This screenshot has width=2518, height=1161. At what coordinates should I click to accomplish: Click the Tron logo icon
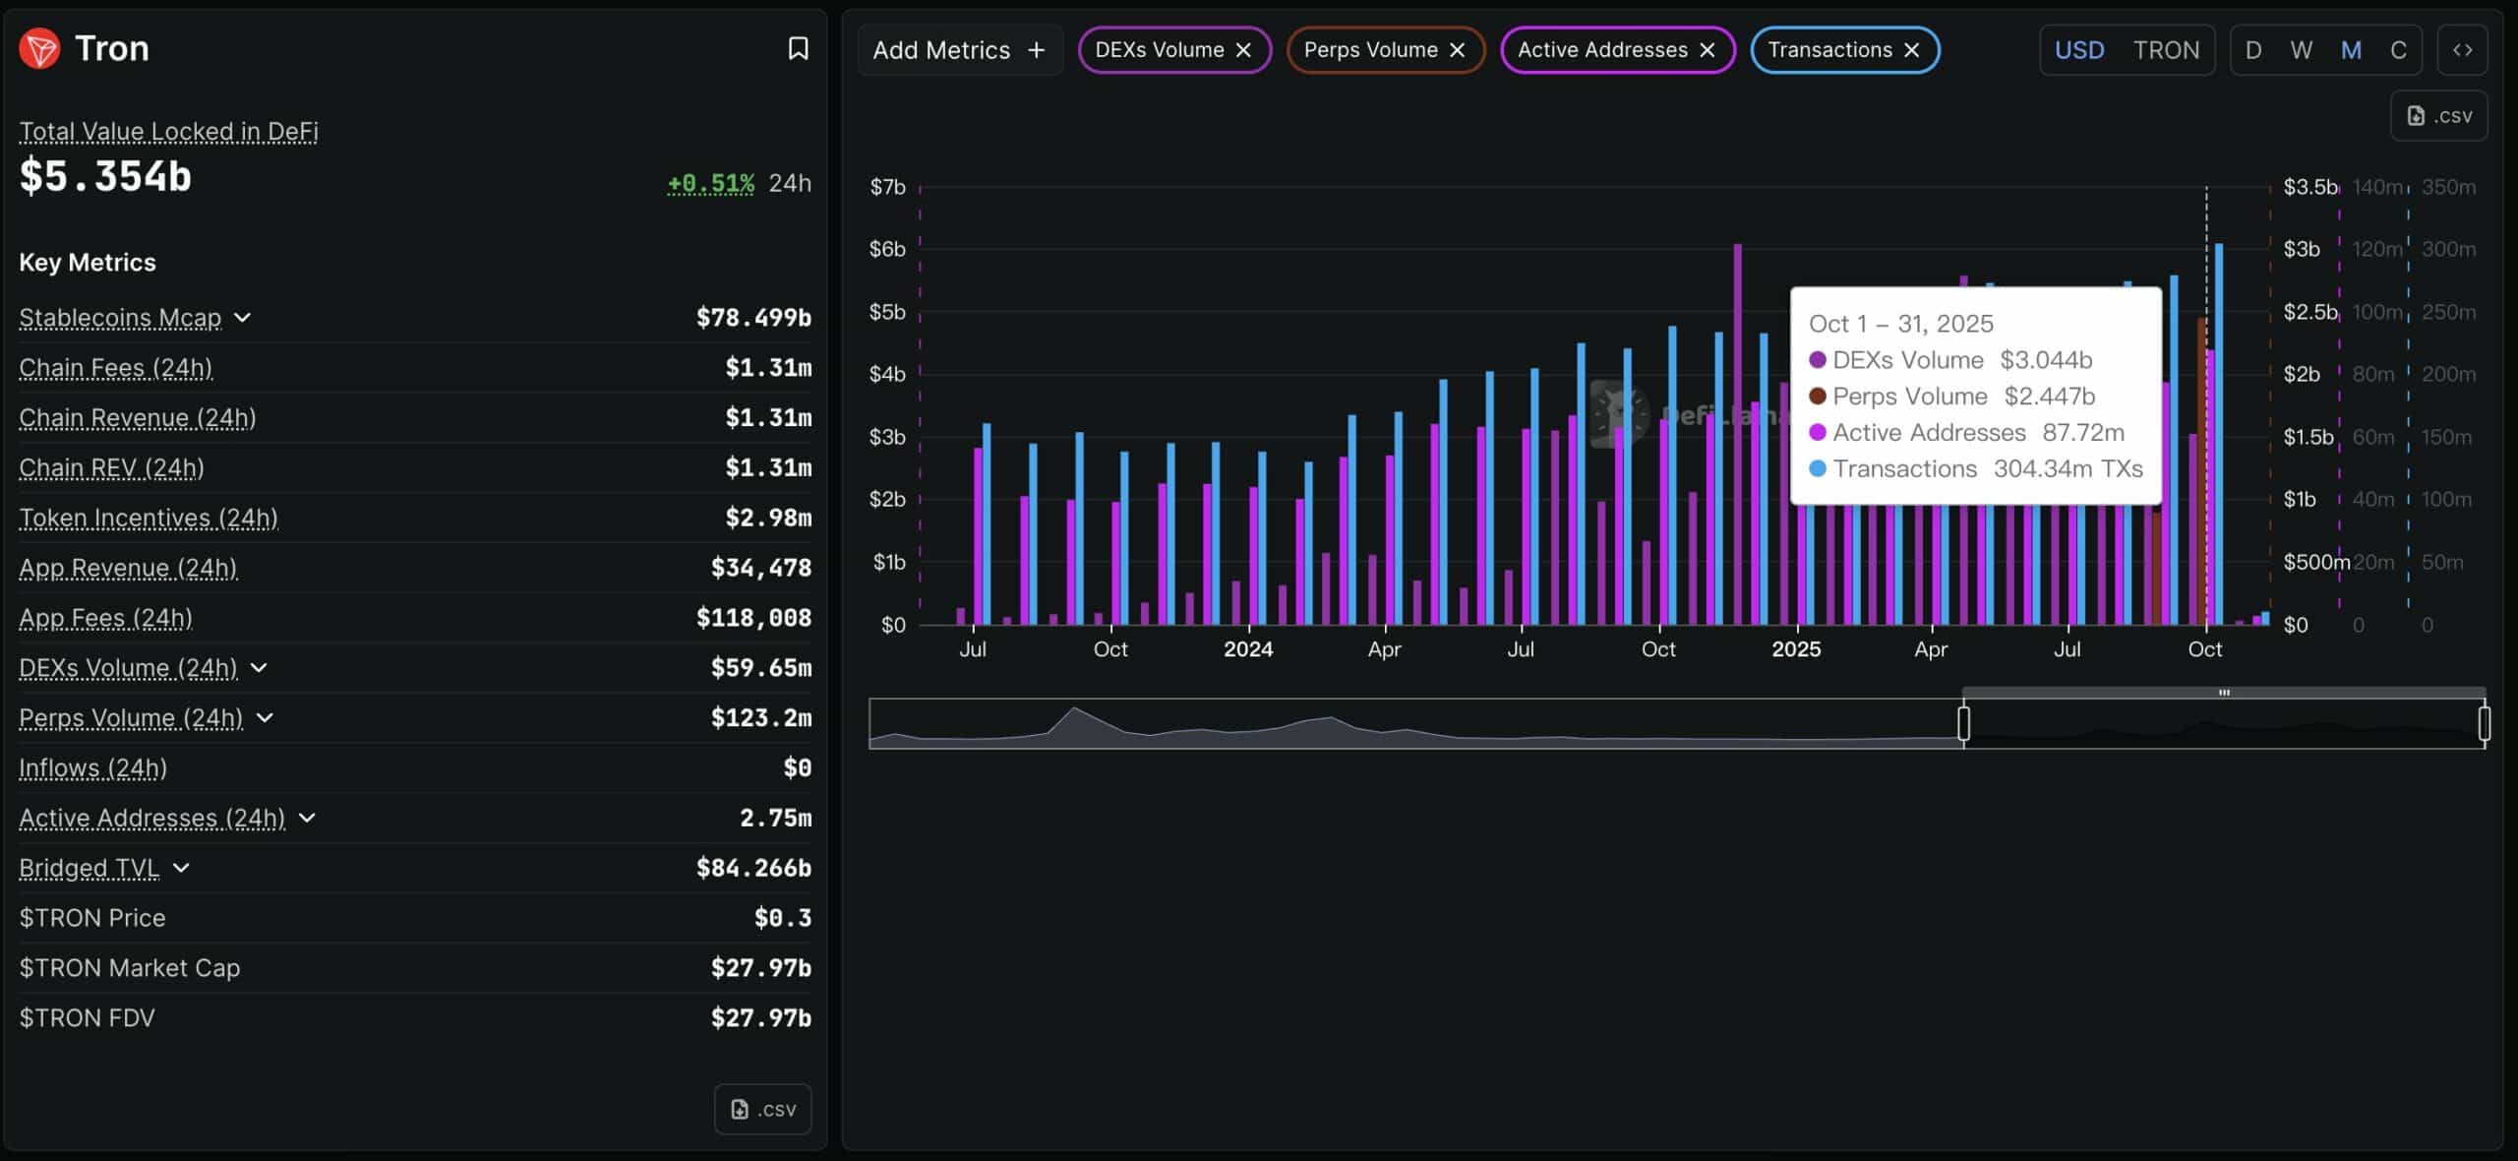pos(39,48)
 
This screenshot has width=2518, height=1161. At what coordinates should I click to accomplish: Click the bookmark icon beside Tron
pos(798,48)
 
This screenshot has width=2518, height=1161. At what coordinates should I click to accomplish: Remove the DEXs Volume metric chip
pos(1243,50)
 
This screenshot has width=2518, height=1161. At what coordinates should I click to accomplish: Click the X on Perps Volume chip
pos(1457,50)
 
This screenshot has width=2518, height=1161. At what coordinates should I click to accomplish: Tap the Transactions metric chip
pos(1829,50)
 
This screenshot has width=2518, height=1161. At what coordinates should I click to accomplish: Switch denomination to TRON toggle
pos(2165,50)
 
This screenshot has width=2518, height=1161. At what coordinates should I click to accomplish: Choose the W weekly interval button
pos(2301,50)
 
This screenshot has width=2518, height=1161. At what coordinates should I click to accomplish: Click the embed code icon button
pos(2462,50)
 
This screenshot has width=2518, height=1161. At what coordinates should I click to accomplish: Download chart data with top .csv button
pos(2438,116)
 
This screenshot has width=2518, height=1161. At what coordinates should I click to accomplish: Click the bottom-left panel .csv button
pos(762,1109)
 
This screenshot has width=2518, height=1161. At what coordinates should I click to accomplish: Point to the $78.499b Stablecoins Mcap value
pos(753,318)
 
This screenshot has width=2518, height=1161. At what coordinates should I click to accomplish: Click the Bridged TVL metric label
pos(89,868)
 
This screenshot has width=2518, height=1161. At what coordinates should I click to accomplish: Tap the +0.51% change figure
pos(710,183)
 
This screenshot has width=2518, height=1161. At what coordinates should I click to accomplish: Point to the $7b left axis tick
pos(887,187)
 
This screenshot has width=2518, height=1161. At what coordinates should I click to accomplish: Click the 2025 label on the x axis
pos(1795,649)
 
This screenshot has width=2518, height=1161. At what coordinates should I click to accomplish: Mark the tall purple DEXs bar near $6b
pos(1737,433)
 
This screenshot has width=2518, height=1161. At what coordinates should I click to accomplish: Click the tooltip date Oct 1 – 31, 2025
pos(1900,324)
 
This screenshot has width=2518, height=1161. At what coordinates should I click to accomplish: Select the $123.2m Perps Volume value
pos(760,717)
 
